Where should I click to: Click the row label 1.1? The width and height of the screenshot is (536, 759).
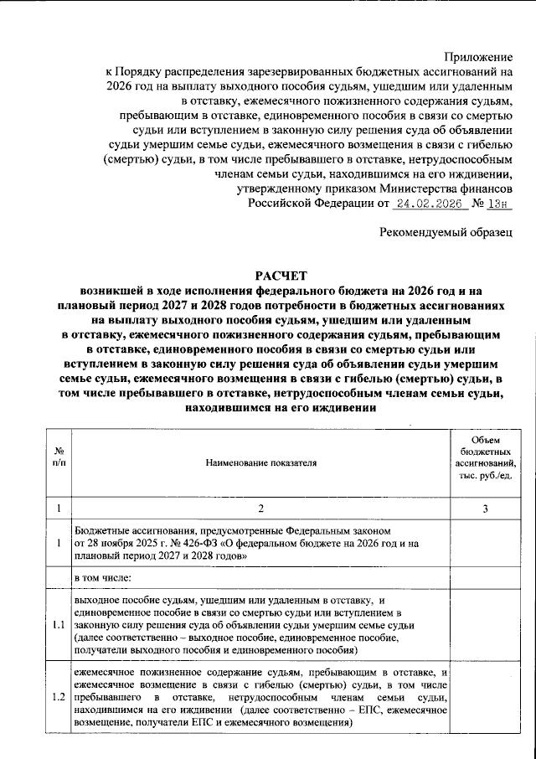click(58, 626)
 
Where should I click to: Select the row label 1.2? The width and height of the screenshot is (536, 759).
click(58, 697)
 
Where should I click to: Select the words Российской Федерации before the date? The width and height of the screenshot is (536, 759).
click(311, 204)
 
